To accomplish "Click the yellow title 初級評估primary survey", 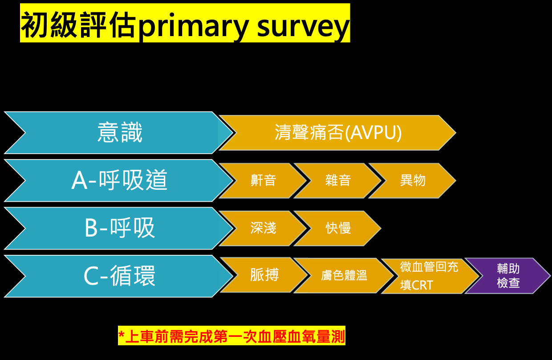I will pyautogui.click(x=185, y=23).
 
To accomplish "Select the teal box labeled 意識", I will pyautogui.click(x=119, y=133).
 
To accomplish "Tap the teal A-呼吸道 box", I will pyautogui.click(x=119, y=180).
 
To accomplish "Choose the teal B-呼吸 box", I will pyautogui.click(x=119, y=228).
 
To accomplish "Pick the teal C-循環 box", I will pyautogui.click(x=119, y=276).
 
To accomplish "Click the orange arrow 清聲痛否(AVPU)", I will pyautogui.click(x=338, y=133).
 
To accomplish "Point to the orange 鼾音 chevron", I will pyautogui.click(x=263, y=180).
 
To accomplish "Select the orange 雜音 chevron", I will pyautogui.click(x=338, y=180).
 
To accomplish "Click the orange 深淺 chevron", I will pyautogui.click(x=263, y=228).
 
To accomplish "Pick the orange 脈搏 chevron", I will pyautogui.click(x=264, y=275).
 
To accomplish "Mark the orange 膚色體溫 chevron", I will pyautogui.click(x=344, y=276).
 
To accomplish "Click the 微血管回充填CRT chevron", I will pyautogui.click(x=428, y=276).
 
